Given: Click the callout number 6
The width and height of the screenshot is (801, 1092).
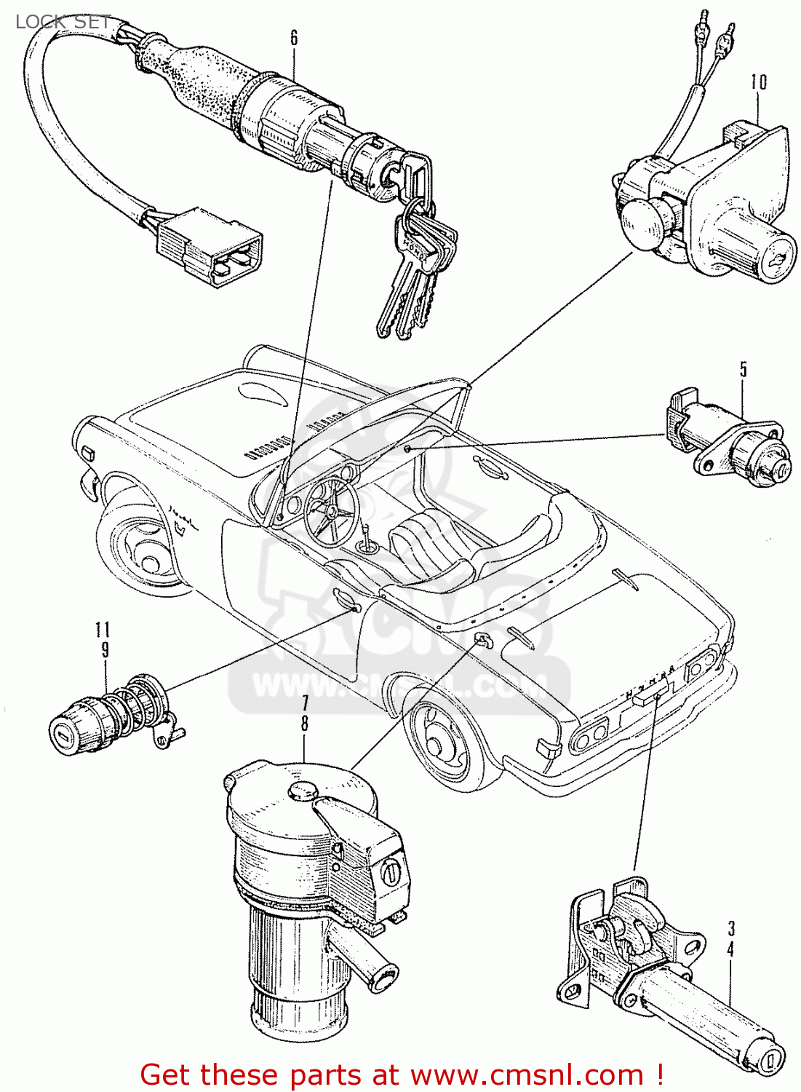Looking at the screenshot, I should [294, 38].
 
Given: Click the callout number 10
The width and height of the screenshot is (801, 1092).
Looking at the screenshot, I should [759, 82].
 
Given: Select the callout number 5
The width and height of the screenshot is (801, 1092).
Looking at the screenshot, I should [744, 369].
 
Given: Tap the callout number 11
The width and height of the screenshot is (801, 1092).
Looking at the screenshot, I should [103, 630].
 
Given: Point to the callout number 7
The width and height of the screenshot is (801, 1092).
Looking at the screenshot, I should [305, 703].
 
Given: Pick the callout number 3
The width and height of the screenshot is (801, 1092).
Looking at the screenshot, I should [731, 928].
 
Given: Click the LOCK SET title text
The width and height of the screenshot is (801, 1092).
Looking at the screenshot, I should [63, 22].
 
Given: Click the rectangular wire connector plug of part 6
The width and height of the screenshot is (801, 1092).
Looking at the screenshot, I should [210, 246].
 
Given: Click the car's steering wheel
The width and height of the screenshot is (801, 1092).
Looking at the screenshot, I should [332, 510].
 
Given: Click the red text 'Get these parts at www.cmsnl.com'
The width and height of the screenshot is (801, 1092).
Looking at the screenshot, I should [402, 1075].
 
